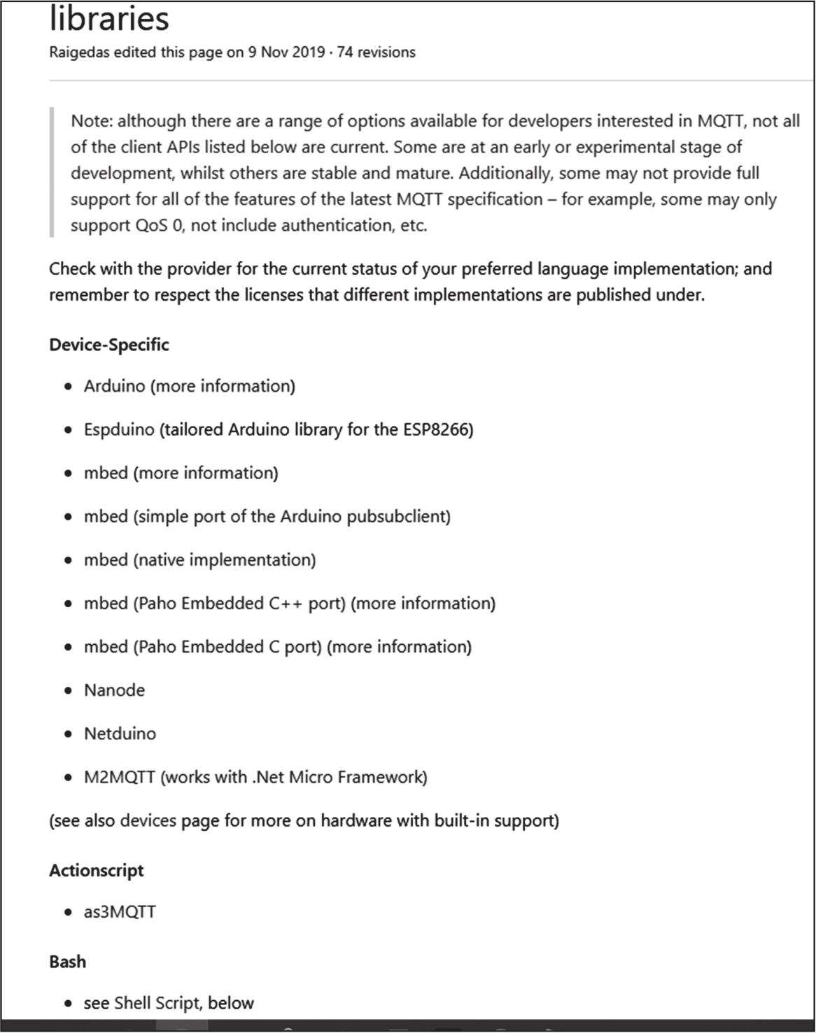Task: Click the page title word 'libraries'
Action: pyautogui.click(x=109, y=18)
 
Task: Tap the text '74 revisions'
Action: pyautogui.click(x=376, y=52)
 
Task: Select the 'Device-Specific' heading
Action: pyautogui.click(x=109, y=345)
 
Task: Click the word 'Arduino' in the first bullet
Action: pyautogui.click(x=115, y=386)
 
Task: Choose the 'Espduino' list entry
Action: pyautogui.click(x=119, y=429)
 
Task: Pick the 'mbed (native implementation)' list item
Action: pyautogui.click(x=200, y=560)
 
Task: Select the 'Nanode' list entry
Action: pyautogui.click(x=115, y=690)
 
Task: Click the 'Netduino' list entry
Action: pyautogui.click(x=120, y=734)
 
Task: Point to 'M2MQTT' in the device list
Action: pyautogui.click(x=120, y=777)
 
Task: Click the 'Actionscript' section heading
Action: pyautogui.click(x=97, y=871)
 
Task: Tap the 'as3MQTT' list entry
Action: pyautogui.click(x=120, y=912)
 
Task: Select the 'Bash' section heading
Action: pyautogui.click(x=68, y=962)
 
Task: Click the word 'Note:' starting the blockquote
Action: pyautogui.click(x=92, y=122)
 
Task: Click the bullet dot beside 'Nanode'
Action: pyautogui.click(x=68, y=691)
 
